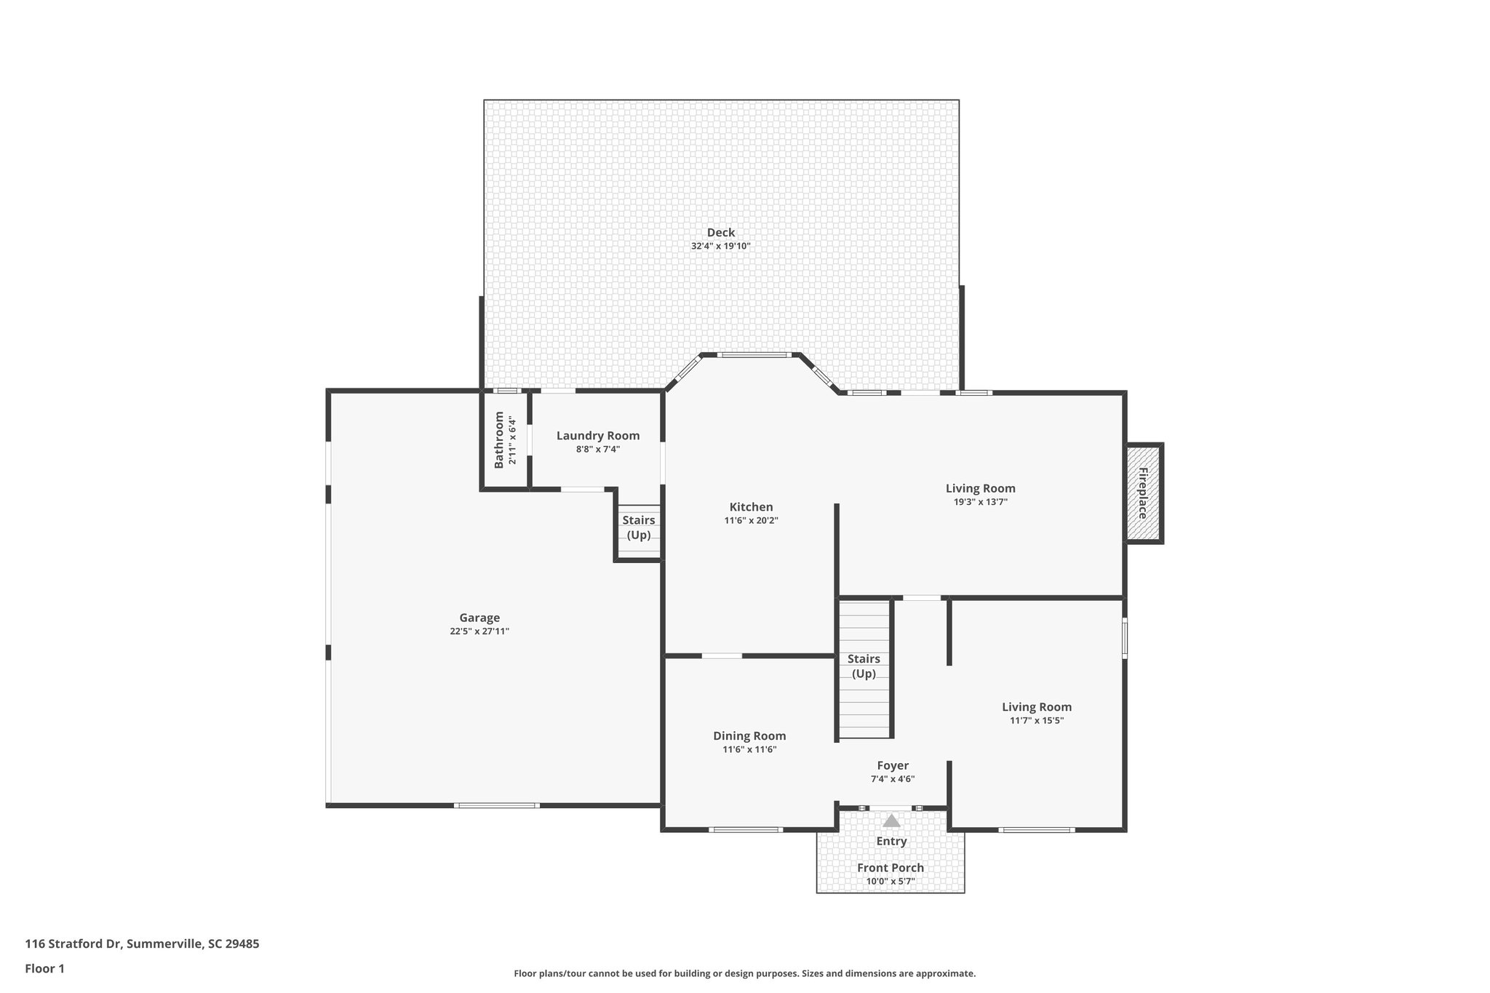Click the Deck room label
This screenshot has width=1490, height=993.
[720, 233]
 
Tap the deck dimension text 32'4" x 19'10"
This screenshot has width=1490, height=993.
[720, 247]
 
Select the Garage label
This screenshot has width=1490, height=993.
[479, 618]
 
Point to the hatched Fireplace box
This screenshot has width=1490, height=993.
[1143, 493]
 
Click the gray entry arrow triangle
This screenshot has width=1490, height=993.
[891, 821]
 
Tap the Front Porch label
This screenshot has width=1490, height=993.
[891, 868]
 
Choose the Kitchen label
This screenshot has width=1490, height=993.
[751, 507]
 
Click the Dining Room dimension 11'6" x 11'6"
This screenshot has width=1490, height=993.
[749, 749]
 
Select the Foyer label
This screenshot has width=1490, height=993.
[893, 765]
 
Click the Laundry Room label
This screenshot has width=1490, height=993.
[598, 436]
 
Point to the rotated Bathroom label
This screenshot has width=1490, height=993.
[499, 440]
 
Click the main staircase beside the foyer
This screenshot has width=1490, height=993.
[864, 668]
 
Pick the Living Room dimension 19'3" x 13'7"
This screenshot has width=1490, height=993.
[980, 502]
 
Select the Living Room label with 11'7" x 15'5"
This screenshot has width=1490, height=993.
[1036, 707]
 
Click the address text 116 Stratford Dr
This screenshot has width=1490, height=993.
[142, 944]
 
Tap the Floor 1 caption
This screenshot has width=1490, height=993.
[45, 968]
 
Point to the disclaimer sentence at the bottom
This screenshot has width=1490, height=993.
[744, 973]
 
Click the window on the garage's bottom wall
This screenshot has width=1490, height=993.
[497, 805]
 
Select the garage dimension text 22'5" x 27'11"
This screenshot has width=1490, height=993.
[479, 631]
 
